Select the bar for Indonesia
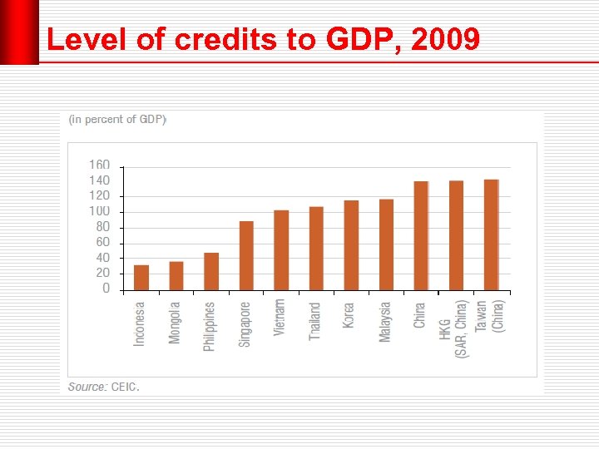click(141, 278)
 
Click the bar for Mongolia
click(176, 276)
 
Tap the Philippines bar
click(211, 271)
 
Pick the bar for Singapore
click(246, 256)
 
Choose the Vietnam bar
click(281, 250)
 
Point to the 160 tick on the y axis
click(99, 165)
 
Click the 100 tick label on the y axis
click(99, 211)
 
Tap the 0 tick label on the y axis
click(106, 289)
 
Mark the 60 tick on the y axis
click(102, 242)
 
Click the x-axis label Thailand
click(315, 321)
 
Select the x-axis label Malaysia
click(385, 323)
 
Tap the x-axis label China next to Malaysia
click(420, 315)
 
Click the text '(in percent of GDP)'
click(117, 120)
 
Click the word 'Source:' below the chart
click(87, 387)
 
